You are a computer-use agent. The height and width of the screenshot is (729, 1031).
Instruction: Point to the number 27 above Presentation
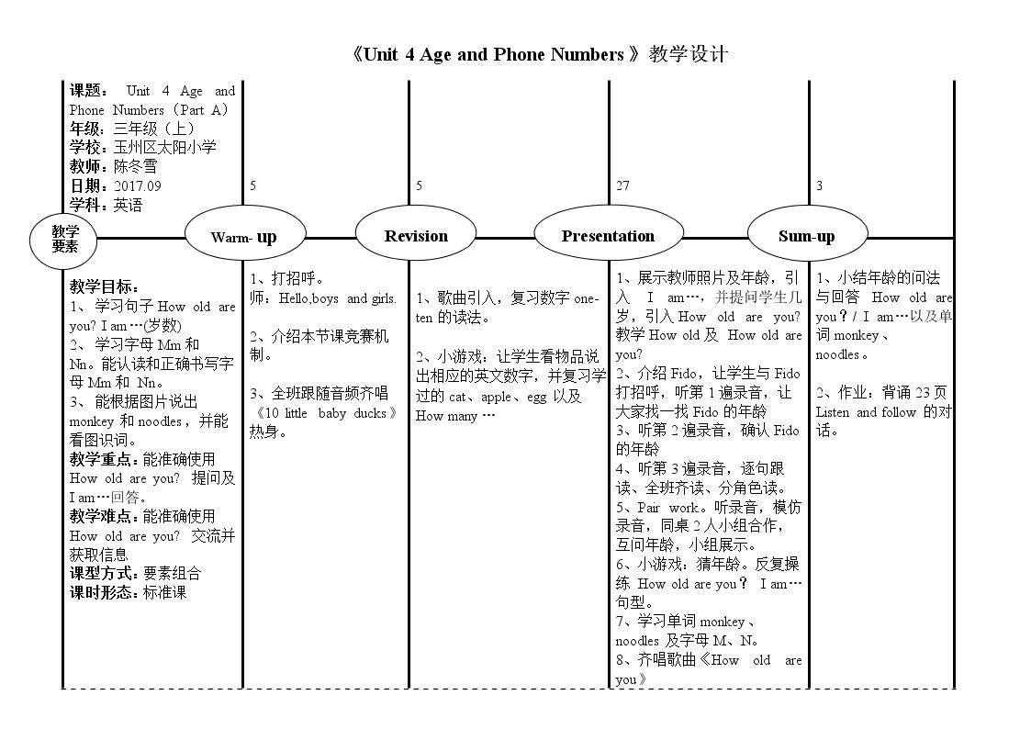tap(622, 186)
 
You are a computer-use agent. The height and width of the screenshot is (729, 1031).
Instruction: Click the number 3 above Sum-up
tap(819, 186)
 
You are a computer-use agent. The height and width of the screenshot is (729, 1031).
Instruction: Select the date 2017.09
tap(138, 186)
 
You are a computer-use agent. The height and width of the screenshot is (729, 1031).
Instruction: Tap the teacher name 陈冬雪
tap(136, 166)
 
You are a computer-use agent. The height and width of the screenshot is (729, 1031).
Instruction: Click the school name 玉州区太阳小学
tap(164, 147)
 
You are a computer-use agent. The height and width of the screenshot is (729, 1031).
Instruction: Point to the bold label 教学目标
tap(102, 286)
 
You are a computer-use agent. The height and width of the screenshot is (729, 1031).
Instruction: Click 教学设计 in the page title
tap(689, 54)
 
